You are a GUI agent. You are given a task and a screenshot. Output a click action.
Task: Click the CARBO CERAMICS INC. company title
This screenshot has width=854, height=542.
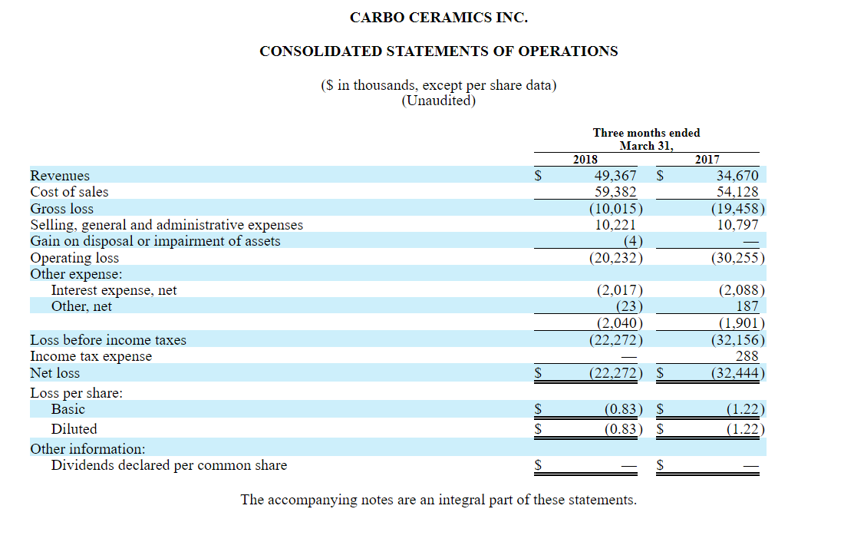438,17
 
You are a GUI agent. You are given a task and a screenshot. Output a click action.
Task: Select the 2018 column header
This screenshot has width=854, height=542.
585,160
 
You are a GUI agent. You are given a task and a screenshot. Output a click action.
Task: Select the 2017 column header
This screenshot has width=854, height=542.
707,160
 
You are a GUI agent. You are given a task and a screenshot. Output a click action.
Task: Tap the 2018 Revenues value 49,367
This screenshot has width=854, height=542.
615,176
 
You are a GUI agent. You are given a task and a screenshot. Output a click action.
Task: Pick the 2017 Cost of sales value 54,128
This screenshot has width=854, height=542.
737,192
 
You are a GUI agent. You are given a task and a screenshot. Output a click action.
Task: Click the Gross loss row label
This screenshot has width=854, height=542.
61,209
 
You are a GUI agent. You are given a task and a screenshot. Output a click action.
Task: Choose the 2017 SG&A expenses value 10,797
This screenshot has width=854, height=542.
737,225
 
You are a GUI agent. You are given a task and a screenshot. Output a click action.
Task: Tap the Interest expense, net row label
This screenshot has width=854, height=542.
114,290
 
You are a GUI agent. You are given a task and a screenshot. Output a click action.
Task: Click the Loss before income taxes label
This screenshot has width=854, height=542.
108,339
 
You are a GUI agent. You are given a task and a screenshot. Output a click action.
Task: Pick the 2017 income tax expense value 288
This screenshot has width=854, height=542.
747,356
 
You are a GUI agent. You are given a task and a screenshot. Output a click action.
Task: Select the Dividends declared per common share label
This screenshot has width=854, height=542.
169,465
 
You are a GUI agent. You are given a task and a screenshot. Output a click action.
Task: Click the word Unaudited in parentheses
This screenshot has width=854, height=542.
439,101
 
